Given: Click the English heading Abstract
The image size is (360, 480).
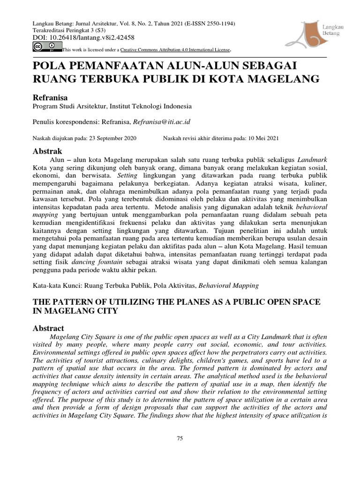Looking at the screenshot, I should [48, 328].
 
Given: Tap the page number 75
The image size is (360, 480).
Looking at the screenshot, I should [180, 438].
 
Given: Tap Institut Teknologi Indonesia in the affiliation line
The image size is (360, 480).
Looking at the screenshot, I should [150, 106].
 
